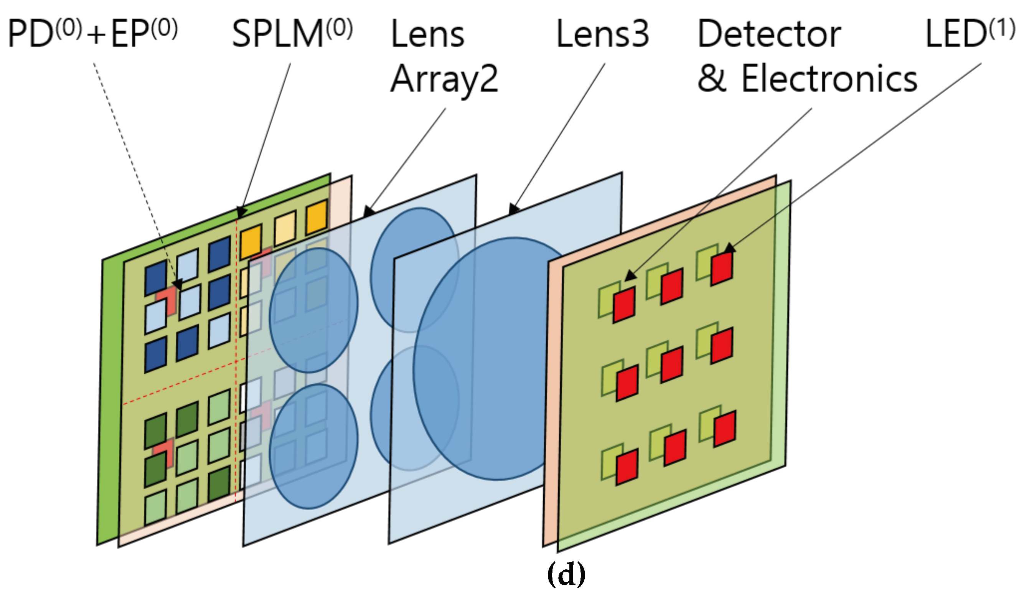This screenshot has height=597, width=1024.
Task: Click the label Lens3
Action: tap(602, 34)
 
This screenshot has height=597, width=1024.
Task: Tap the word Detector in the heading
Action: tap(769, 34)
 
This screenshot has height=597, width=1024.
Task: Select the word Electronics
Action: tap(829, 78)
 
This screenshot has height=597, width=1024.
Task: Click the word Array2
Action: tap(444, 79)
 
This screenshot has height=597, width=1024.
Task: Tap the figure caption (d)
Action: tap(566, 574)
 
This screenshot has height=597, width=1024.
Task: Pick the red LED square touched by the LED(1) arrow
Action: tap(722, 268)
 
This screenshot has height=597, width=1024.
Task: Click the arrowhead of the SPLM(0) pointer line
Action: tap(241, 213)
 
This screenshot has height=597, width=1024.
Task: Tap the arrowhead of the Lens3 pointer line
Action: tap(514, 209)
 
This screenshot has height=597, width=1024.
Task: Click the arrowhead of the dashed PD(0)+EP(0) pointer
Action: tap(178, 284)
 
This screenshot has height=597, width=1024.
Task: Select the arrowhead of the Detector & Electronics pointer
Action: tap(630, 276)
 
